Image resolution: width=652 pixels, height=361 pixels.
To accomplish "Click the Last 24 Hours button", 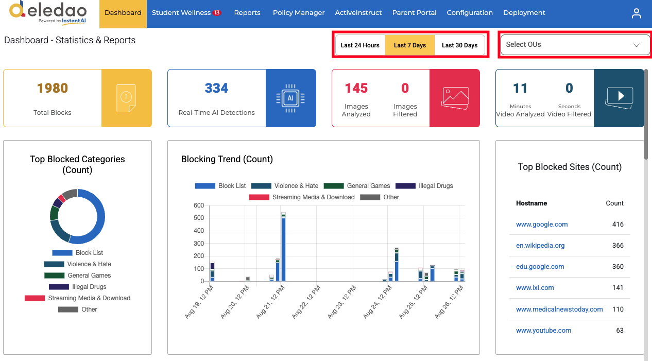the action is tap(360, 45).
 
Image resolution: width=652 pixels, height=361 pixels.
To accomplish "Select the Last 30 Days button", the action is tap(459, 45).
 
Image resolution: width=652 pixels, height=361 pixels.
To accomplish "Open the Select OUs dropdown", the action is tap(575, 44).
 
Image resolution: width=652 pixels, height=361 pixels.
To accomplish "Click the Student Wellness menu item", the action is tap(186, 13).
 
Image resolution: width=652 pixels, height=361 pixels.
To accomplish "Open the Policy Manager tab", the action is tap(299, 13).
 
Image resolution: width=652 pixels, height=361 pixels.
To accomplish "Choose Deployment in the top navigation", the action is tap(524, 13).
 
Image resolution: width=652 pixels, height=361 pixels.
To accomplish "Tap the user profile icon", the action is tap(636, 13).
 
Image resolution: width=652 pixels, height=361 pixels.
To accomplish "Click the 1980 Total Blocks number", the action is tap(53, 88).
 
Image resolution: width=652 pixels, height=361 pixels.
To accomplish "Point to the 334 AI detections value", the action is tap(216, 88).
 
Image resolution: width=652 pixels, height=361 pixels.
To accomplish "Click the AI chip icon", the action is tap(290, 98).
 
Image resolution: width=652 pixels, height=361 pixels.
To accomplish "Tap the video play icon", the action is tap(619, 97).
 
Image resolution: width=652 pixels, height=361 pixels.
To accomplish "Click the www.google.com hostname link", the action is tap(542, 224).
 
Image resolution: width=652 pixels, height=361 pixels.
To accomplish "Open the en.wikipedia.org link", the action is tap(540, 246).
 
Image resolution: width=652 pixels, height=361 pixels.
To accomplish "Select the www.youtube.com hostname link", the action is tap(543, 331).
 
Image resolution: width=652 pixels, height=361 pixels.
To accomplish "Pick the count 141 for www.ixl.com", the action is tap(617, 288).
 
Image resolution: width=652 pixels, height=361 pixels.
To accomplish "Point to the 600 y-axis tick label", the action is tap(199, 205).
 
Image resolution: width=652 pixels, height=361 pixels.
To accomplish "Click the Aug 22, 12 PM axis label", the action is tap(306, 302).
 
